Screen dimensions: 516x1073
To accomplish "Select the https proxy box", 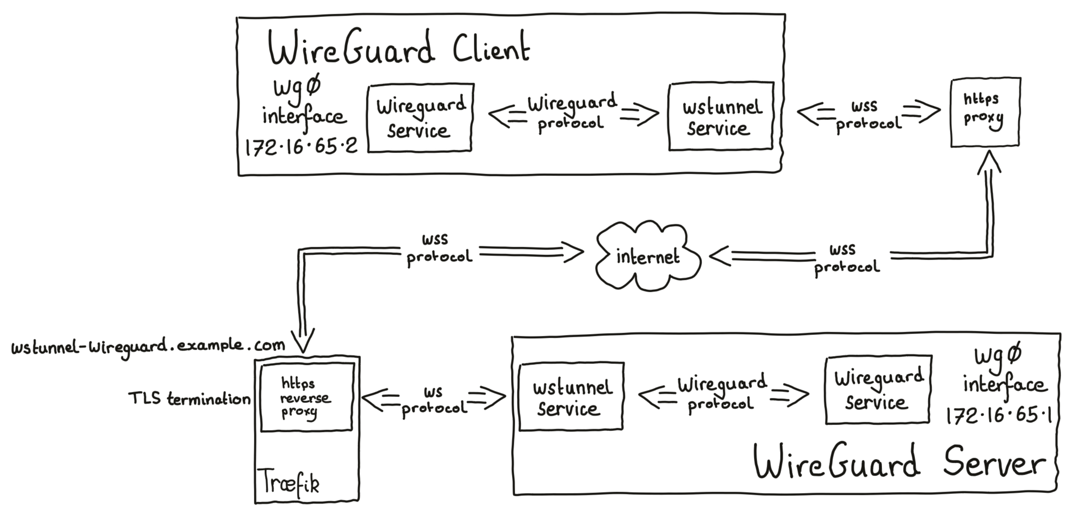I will [985, 113].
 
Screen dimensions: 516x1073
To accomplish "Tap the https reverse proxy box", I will [306, 397].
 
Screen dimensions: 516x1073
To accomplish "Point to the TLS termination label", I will [189, 399].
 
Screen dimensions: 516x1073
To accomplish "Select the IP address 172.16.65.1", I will [998, 416].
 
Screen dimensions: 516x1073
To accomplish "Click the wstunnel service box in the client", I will [721, 117].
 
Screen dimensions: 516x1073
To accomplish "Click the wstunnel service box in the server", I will [571, 397].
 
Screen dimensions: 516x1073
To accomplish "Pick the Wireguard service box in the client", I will [420, 118].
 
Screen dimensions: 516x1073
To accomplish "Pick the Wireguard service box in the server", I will [878, 390].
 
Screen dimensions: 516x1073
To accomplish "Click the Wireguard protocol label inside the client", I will [572, 113].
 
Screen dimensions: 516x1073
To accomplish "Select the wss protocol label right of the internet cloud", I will [846, 259].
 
